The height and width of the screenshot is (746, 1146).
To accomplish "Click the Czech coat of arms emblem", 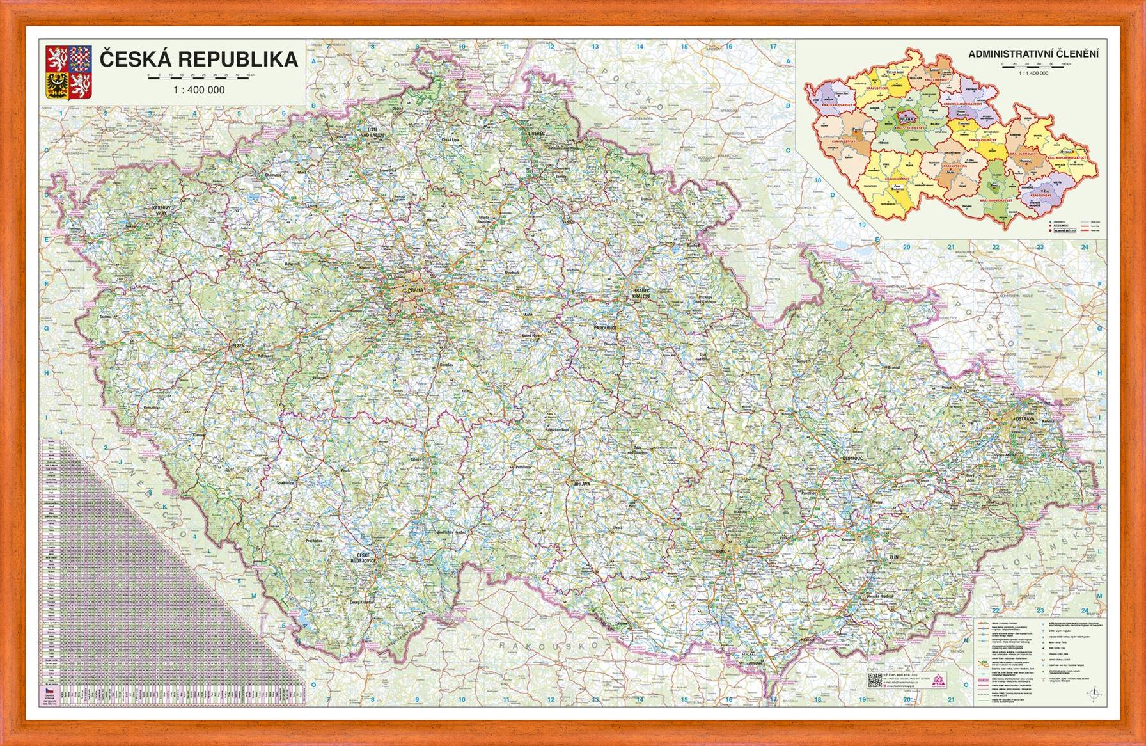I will pos(67,72).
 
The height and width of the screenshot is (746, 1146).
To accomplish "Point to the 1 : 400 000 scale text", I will pos(199,90).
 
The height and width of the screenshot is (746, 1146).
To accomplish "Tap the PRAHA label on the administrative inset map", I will pos(906,120).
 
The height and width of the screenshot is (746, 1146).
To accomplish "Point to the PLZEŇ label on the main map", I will pos(238,345).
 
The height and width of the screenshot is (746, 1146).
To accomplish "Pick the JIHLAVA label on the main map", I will pos(581,484).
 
